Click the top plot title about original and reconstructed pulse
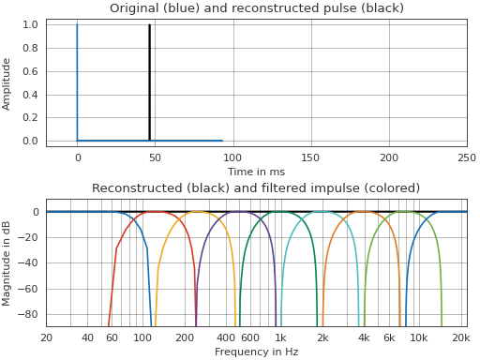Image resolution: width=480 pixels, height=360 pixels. pyautogui.click(x=256, y=8)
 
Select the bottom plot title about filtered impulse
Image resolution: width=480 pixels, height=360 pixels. pyautogui.click(x=256, y=188)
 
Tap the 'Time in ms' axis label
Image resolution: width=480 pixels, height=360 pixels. pyautogui.click(x=256, y=172)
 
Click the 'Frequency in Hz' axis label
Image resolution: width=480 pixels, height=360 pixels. pyautogui.click(x=256, y=352)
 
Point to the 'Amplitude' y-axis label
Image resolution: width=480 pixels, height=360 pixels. pyautogui.click(x=7, y=82)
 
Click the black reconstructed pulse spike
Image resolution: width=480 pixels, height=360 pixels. pyautogui.click(x=149, y=82)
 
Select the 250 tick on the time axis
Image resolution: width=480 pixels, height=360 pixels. pyautogui.click(x=466, y=158)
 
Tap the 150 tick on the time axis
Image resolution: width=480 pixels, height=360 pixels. pyautogui.click(x=310, y=158)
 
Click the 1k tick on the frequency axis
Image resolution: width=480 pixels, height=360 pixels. pyautogui.click(x=280, y=337)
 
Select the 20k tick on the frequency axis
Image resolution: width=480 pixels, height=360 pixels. pyautogui.click(x=459, y=337)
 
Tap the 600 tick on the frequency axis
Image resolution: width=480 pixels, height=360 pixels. pyautogui.click(x=249, y=337)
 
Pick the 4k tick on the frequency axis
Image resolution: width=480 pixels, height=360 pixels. pyautogui.click(x=364, y=337)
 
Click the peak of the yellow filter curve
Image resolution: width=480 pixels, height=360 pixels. pyautogui.click(x=176, y=213)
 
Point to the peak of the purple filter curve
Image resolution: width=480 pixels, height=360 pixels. pyautogui.click(x=217, y=213)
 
